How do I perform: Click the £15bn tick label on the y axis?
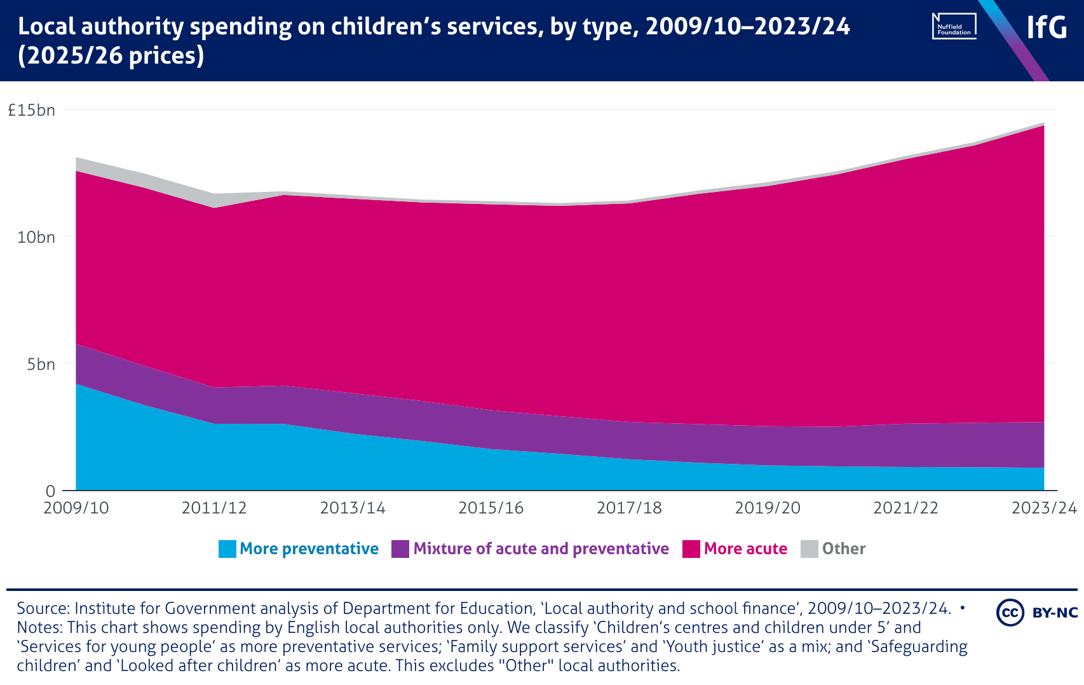coord(31,110)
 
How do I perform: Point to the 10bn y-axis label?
coord(36,237)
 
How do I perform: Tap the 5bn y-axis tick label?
coord(41,364)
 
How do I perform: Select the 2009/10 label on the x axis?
coord(76,508)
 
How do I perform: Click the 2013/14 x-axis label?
coord(353,508)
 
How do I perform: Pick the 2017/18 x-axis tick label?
coord(629,508)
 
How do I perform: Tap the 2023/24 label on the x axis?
coord(1044,508)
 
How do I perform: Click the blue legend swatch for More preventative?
coord(227,549)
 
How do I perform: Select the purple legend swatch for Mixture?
coord(400,549)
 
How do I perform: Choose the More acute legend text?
coord(745,549)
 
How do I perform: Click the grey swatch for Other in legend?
coord(810,549)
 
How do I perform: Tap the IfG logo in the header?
coord(1047,27)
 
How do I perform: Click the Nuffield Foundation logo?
coord(954,26)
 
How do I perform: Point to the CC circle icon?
coord(1010,613)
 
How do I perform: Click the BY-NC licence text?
coord(1055,613)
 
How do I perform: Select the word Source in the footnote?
coord(43,609)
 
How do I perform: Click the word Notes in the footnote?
coord(39,628)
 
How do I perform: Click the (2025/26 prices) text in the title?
coord(111,56)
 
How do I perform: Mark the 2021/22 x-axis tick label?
coord(905,508)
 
